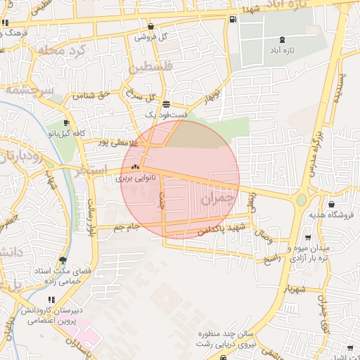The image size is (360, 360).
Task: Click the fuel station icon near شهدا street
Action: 233,19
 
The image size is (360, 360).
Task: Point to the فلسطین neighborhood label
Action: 150,68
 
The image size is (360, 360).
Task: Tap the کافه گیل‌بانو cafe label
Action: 66,133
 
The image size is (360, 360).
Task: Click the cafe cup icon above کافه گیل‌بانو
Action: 66,123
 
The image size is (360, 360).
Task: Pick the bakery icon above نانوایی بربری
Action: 135,168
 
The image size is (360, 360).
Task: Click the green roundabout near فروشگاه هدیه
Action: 302,200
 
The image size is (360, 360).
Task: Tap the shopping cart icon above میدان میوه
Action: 309,237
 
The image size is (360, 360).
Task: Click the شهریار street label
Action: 295,288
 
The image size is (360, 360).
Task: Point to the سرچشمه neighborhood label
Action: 24,91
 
